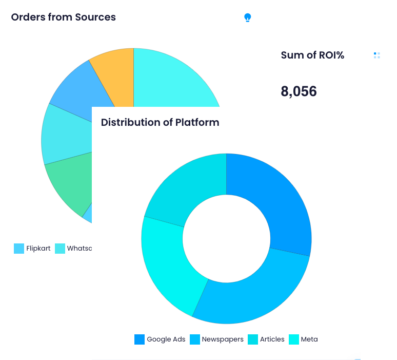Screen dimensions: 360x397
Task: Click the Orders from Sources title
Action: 63,17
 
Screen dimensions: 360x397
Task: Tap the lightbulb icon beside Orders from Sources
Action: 248,17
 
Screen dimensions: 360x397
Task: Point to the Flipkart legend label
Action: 38,249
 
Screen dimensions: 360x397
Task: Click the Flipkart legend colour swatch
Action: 19,249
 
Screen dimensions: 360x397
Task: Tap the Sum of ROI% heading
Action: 312,55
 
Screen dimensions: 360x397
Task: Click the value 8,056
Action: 299,91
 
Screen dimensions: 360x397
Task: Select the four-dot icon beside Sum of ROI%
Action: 377,55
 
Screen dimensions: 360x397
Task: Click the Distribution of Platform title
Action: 160,122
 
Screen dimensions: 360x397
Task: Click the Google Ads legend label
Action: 166,339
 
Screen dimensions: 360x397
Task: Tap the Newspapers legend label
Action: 223,339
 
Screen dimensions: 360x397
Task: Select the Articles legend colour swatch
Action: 253,339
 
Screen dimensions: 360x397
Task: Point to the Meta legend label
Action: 309,339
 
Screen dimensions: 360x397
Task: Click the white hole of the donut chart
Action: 226,239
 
